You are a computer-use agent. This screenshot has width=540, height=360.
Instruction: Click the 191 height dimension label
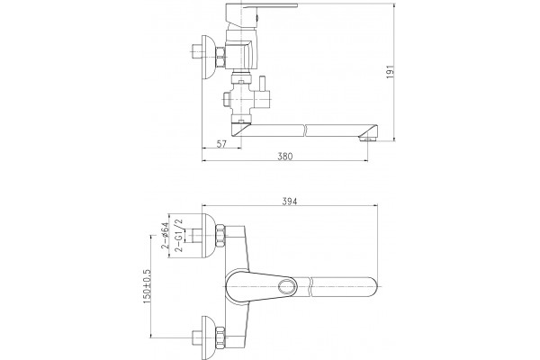390,72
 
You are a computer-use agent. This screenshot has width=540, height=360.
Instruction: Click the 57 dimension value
221,144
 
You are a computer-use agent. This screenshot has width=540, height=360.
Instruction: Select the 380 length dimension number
284,157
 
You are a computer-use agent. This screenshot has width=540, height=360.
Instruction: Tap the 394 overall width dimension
289,202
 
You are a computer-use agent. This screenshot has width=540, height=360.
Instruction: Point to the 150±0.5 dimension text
146,286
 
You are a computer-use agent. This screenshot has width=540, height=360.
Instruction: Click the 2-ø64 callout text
166,236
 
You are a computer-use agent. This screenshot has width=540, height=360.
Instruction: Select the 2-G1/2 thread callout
179,236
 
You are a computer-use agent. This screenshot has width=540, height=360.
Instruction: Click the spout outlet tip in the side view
367,139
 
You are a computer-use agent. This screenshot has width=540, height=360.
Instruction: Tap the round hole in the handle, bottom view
287,286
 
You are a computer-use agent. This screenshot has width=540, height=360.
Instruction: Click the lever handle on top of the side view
261,6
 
